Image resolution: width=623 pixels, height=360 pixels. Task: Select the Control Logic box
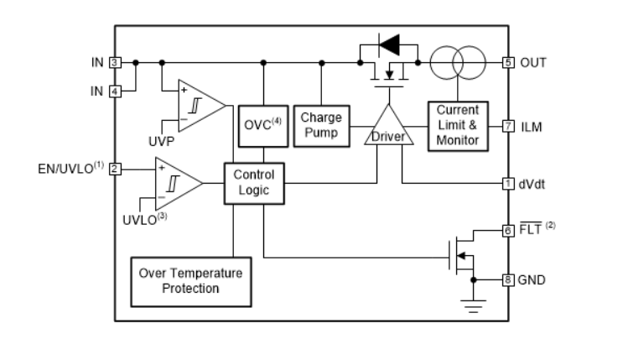tap(254, 183)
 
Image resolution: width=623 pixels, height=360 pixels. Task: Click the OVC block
tap(263, 126)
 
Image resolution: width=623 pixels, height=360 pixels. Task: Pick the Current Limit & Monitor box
tap(458, 126)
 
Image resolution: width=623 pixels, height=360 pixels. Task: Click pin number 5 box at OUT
tap(507, 62)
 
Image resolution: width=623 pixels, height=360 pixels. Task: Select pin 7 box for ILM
tap(507, 126)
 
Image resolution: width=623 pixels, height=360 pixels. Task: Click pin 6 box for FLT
tap(507, 230)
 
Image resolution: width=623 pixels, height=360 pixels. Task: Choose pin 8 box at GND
tap(507, 279)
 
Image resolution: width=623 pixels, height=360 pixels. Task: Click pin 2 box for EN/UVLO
tap(116, 169)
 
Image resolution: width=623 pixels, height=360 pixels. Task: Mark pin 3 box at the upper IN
tap(116, 62)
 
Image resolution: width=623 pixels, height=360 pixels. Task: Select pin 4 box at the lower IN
tap(116, 90)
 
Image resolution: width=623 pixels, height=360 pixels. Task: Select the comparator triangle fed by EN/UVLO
tap(174, 180)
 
